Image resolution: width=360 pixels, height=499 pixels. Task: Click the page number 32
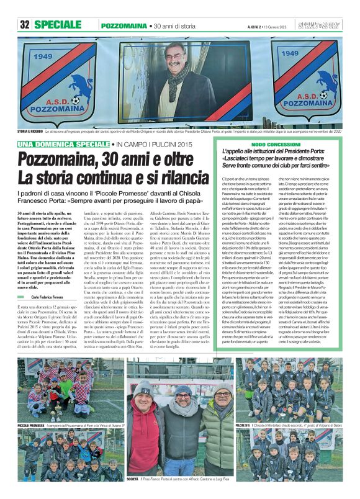(25, 25)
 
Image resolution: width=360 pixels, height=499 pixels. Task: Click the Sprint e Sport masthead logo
(325, 25)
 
